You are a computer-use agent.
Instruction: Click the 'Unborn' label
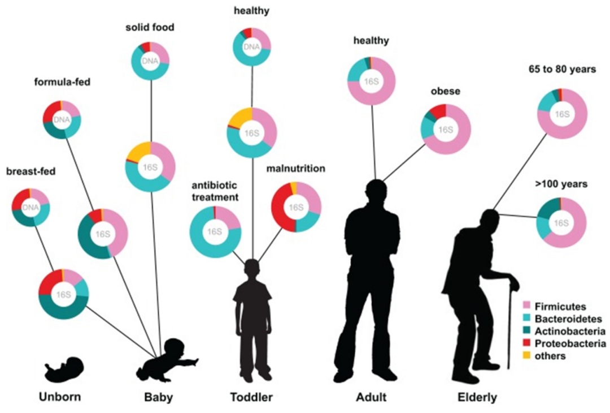[x=60, y=397]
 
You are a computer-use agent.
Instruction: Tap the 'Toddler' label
[x=251, y=397]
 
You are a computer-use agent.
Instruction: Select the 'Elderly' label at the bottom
[x=477, y=397]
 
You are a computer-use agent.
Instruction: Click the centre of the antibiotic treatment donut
[x=215, y=231]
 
